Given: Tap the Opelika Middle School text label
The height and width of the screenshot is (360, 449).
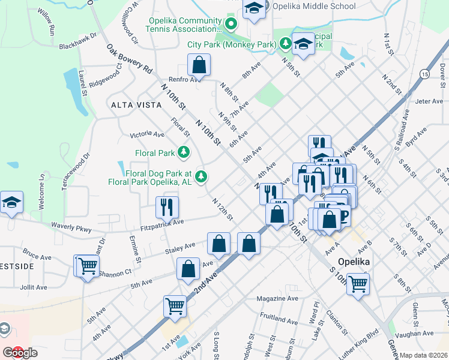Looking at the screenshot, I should click(314, 7).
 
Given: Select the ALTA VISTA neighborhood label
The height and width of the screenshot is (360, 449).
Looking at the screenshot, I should click(136, 105).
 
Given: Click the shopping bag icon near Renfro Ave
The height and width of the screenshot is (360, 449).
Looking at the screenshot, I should click(199, 65).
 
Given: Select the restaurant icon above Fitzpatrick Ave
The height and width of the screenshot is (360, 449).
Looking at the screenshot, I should click(167, 206).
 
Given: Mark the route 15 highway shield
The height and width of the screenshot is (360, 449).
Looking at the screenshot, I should click(424, 74).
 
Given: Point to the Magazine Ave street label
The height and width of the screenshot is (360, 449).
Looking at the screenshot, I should click(277, 298).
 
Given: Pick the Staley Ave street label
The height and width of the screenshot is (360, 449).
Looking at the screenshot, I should click(181, 246).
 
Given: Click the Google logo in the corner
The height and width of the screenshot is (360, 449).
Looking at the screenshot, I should click(20, 353).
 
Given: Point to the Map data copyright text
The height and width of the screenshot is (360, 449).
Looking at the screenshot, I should click(424, 355).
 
